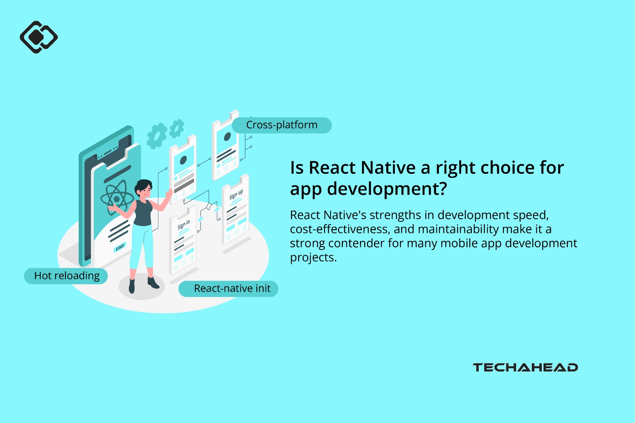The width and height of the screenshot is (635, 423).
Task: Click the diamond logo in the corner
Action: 38,37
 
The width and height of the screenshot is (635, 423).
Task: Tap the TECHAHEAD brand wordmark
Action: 525,367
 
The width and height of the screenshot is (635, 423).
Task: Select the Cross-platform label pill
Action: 281,125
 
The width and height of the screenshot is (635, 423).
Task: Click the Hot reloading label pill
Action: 66,276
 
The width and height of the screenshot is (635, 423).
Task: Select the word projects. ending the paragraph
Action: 313,258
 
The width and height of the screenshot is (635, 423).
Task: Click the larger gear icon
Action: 156,136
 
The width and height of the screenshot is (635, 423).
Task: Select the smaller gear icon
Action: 177,128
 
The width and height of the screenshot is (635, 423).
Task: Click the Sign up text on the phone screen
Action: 236,194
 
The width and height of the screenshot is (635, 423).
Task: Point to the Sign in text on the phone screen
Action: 184,225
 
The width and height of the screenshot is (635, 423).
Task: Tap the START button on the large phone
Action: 120,247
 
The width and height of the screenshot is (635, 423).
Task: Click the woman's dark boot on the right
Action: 153,283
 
